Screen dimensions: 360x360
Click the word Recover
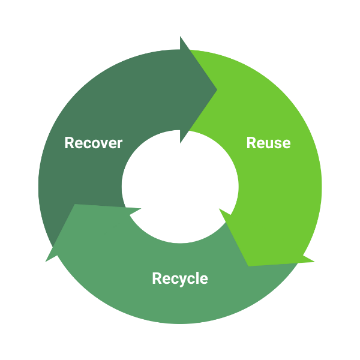point(93,143)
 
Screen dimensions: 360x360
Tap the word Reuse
point(268,143)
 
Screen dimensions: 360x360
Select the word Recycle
point(179,279)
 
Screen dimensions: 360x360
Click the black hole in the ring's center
point(180,186)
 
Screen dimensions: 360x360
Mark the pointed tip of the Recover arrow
point(217,91)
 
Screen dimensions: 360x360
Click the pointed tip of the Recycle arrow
point(46,262)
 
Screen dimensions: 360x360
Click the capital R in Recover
point(69,143)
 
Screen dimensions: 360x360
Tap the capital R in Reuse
point(251,143)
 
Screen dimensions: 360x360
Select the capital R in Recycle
point(157,279)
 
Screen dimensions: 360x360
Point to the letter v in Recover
point(103,145)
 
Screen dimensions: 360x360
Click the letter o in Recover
point(95,145)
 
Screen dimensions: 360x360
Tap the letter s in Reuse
point(277,145)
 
